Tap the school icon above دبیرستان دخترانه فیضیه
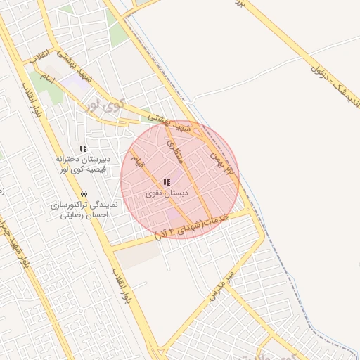[83, 148]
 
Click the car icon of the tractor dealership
[84, 193]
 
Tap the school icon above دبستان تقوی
[167, 182]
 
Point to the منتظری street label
[174, 151]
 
